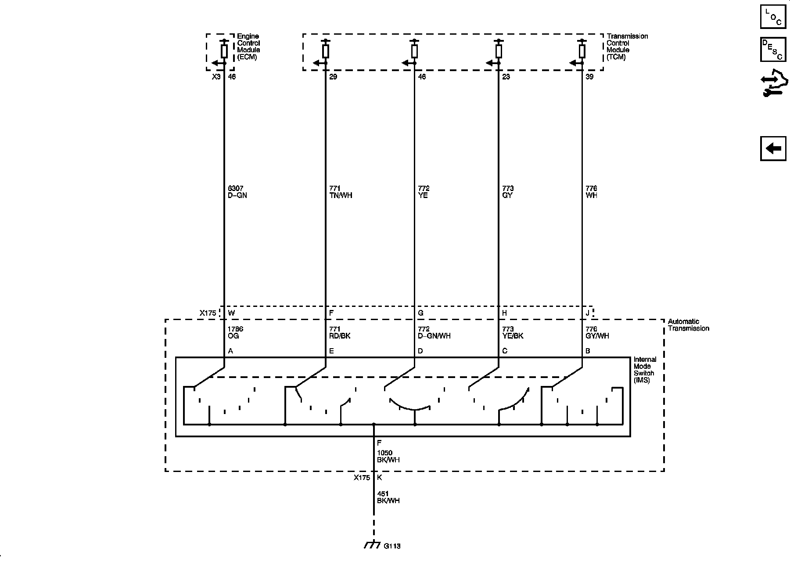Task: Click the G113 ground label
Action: pos(392,547)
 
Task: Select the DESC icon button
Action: pos(773,50)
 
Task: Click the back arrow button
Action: pos(773,149)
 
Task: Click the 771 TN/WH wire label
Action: pos(341,192)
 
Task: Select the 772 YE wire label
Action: pos(424,192)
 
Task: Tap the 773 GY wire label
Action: pos(508,192)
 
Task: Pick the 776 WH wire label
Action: pos(591,192)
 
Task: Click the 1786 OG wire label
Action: pos(235,332)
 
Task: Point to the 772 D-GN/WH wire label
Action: pos(434,332)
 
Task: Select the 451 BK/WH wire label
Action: pos(388,497)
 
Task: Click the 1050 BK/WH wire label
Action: pos(388,457)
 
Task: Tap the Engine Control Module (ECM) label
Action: pos(248,47)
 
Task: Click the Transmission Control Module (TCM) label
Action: pos(627,47)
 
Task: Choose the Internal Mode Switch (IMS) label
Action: pos(644,370)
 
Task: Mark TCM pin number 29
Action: pos(333,77)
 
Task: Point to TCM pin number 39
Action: pos(589,77)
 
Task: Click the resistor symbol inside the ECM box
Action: pos(224,51)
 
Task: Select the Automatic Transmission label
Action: pos(688,325)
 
